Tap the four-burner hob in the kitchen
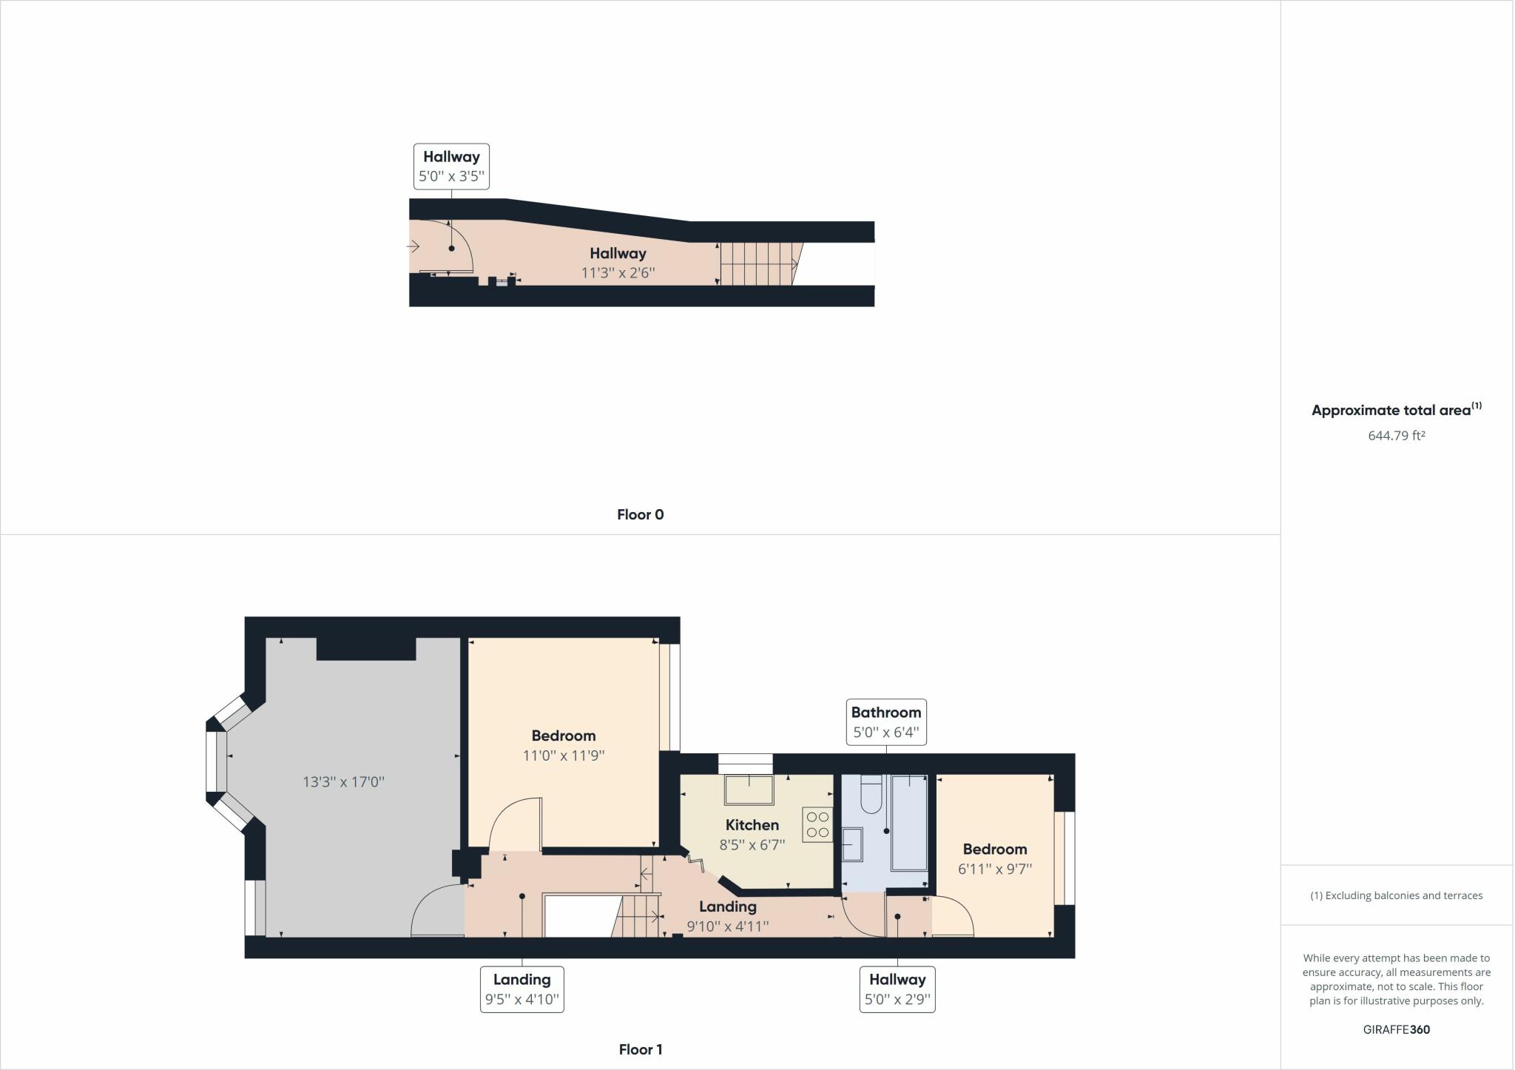(x=817, y=824)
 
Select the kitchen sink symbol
(x=749, y=790)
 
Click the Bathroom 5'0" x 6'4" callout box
(x=885, y=722)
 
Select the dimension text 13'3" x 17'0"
(x=343, y=782)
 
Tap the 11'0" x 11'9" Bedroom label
(x=564, y=745)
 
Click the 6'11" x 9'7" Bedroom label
(x=994, y=859)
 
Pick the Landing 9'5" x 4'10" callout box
(x=522, y=989)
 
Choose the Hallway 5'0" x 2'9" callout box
(x=897, y=989)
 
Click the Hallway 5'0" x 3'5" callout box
(x=451, y=166)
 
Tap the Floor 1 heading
(x=640, y=1049)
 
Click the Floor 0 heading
(x=640, y=514)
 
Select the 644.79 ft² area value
(x=1396, y=436)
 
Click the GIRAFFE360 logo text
(x=1396, y=1029)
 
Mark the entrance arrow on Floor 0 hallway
(x=414, y=246)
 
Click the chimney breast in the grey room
(x=366, y=648)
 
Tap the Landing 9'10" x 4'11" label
(x=728, y=916)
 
